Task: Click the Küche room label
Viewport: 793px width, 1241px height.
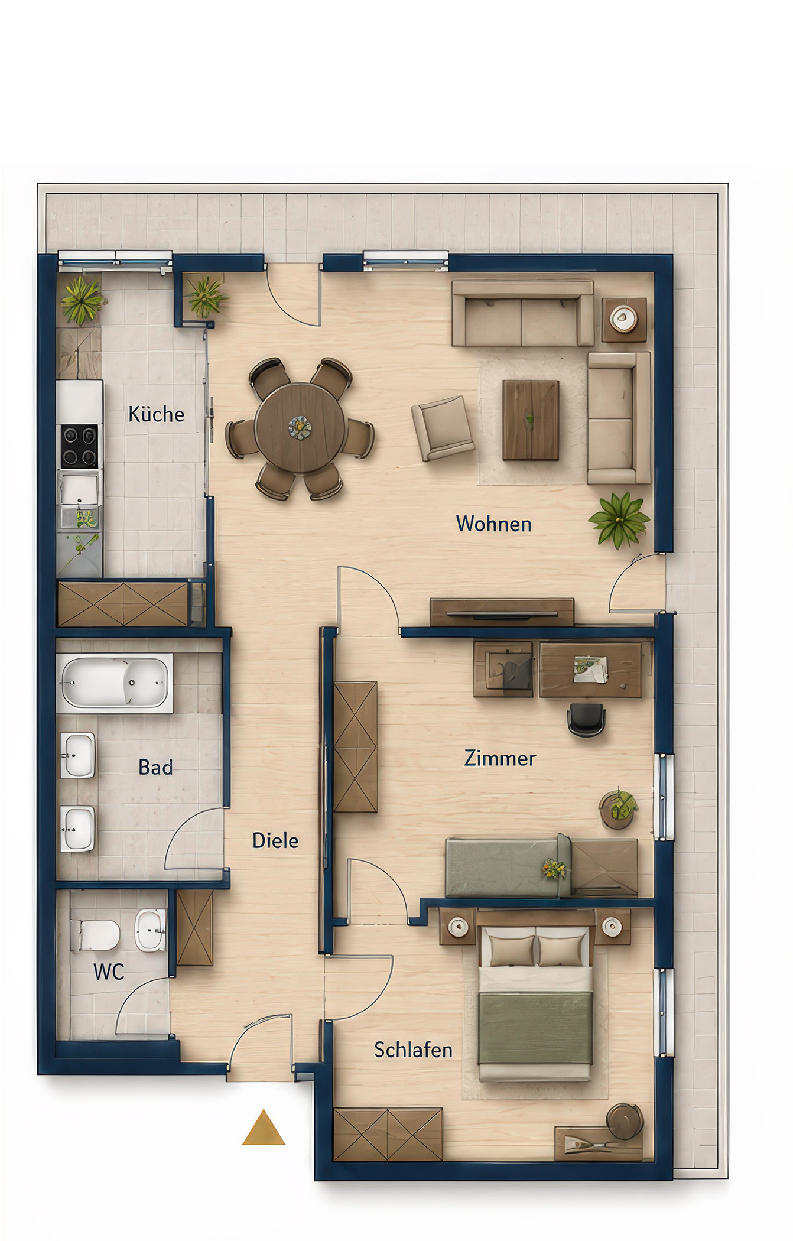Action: [156, 414]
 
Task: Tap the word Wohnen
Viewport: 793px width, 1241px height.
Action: [493, 524]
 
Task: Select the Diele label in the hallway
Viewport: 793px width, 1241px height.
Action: [275, 840]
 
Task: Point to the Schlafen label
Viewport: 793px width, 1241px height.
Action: [413, 1050]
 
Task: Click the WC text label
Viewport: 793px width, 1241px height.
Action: [109, 972]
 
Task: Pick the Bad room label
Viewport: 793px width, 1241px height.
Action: [155, 767]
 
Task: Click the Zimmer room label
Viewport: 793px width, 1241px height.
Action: [500, 758]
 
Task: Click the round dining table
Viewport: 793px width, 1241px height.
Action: [300, 427]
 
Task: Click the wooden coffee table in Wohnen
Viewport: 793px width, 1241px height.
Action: [531, 420]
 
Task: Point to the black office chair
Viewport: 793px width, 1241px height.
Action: [586, 720]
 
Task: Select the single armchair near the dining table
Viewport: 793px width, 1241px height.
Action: [443, 428]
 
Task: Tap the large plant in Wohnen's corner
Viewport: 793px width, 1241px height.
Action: [619, 520]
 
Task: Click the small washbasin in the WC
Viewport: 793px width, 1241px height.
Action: [151, 930]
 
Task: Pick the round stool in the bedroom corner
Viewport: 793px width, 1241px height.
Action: [625, 1121]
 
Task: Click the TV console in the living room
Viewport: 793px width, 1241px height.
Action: [502, 612]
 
